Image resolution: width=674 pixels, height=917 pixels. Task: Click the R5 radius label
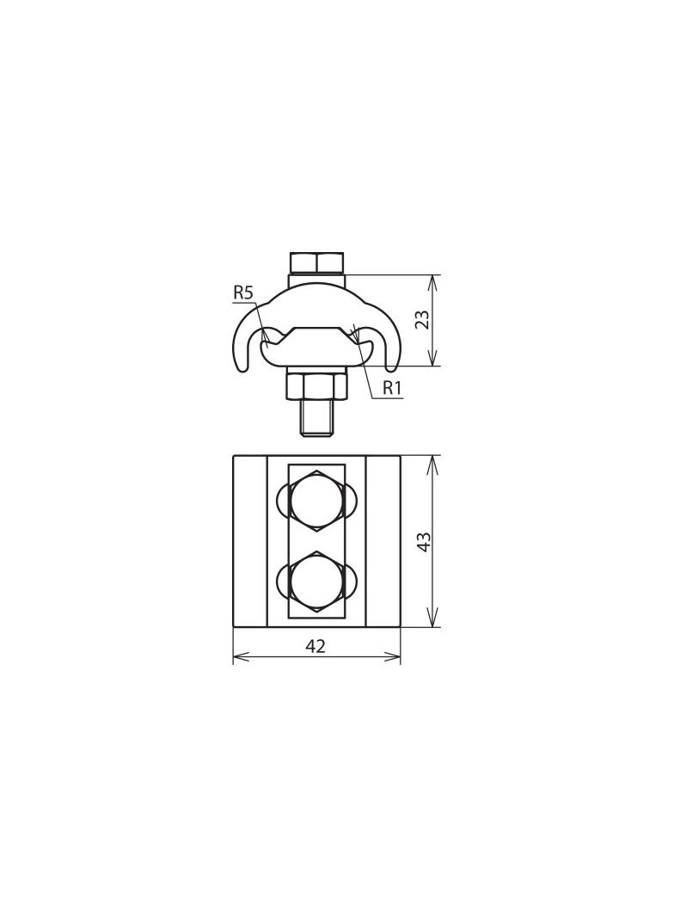(x=243, y=293)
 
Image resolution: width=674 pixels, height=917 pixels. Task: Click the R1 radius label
(x=392, y=388)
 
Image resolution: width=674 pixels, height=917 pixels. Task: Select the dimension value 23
(x=422, y=321)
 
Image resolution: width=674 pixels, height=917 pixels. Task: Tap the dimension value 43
(x=423, y=542)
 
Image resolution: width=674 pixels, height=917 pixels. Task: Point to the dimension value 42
(x=316, y=646)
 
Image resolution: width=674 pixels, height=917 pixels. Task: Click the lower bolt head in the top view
(x=316, y=582)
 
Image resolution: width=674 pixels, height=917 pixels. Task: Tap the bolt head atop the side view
(x=316, y=262)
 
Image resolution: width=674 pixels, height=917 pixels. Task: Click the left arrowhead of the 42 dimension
(x=238, y=657)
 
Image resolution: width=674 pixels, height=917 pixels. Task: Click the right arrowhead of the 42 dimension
(x=395, y=657)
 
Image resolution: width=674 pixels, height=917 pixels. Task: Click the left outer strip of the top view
(x=250, y=541)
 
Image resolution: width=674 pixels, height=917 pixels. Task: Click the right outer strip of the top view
(x=383, y=541)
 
